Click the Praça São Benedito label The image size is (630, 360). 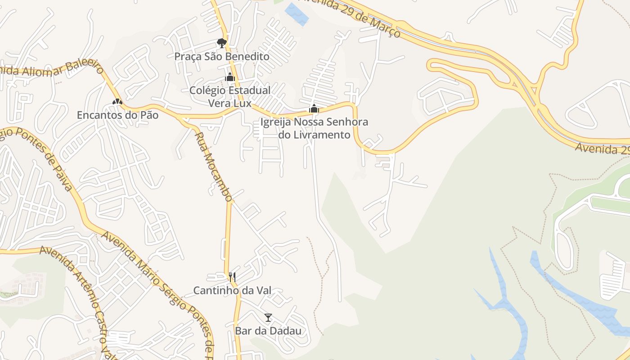point(222,57)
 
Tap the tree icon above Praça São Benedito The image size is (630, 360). point(221,43)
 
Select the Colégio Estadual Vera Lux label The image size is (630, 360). point(230,97)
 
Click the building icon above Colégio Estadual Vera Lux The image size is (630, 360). point(230,77)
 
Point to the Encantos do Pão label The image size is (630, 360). point(117,115)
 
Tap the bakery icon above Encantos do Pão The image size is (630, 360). point(117,102)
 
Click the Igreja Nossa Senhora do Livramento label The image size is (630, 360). point(314,128)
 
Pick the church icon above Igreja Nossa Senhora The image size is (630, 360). point(314,108)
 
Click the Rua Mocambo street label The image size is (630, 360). point(213,166)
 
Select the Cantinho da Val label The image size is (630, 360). point(232,291)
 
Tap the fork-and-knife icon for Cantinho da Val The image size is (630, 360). point(232,277)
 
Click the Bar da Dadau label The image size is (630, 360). point(268,331)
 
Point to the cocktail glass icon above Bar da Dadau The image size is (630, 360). point(268,318)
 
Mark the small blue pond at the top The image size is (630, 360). point(297,13)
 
